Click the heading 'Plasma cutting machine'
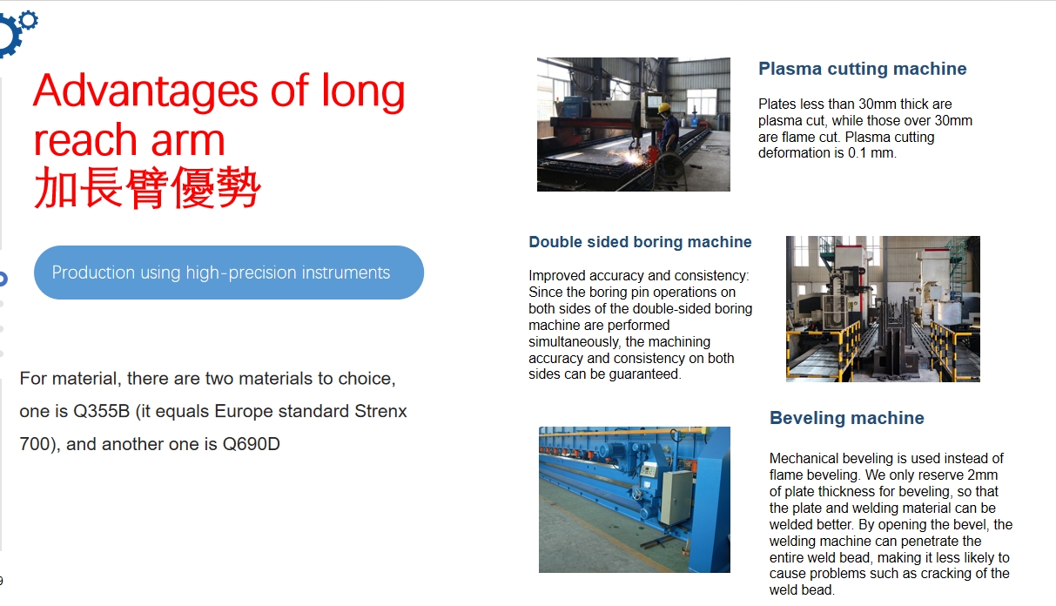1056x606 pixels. [862, 69]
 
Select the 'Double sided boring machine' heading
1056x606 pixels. [640, 242]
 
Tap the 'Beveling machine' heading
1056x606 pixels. [847, 418]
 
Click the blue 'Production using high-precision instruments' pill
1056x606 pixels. [229, 273]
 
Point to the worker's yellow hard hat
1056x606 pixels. [664, 109]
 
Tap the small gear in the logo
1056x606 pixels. [29, 20]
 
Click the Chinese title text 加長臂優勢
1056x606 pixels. [147, 188]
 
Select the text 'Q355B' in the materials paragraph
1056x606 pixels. [101, 411]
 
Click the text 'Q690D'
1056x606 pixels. [252, 444]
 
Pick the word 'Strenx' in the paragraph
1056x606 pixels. [380, 411]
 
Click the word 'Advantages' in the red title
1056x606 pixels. [145, 92]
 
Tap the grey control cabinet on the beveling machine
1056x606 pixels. [677, 497]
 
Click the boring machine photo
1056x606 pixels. [883, 309]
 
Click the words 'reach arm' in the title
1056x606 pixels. [129, 140]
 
